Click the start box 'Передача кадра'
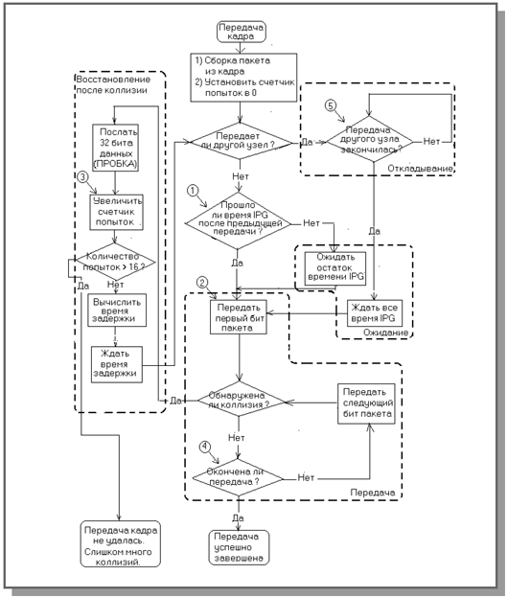(x=242, y=32)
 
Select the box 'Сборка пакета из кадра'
(x=243, y=78)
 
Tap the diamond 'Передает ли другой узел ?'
(x=241, y=141)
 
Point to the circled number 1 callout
(x=193, y=191)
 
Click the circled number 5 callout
(x=331, y=105)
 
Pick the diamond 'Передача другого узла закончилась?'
(x=370, y=140)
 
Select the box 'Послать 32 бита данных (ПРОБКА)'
(x=116, y=148)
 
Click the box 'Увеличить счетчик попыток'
(x=116, y=213)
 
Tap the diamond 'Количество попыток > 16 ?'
(x=116, y=262)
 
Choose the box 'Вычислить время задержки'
(x=117, y=310)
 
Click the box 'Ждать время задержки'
(x=117, y=364)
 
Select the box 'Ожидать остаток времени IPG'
(x=335, y=268)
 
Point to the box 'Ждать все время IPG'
(x=375, y=313)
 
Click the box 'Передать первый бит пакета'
(x=239, y=317)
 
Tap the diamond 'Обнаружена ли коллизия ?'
(x=241, y=401)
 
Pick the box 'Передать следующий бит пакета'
(x=366, y=403)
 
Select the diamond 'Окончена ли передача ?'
(x=238, y=477)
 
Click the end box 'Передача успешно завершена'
(x=240, y=547)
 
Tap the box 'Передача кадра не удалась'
(x=121, y=544)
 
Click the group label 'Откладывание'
(x=420, y=169)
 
